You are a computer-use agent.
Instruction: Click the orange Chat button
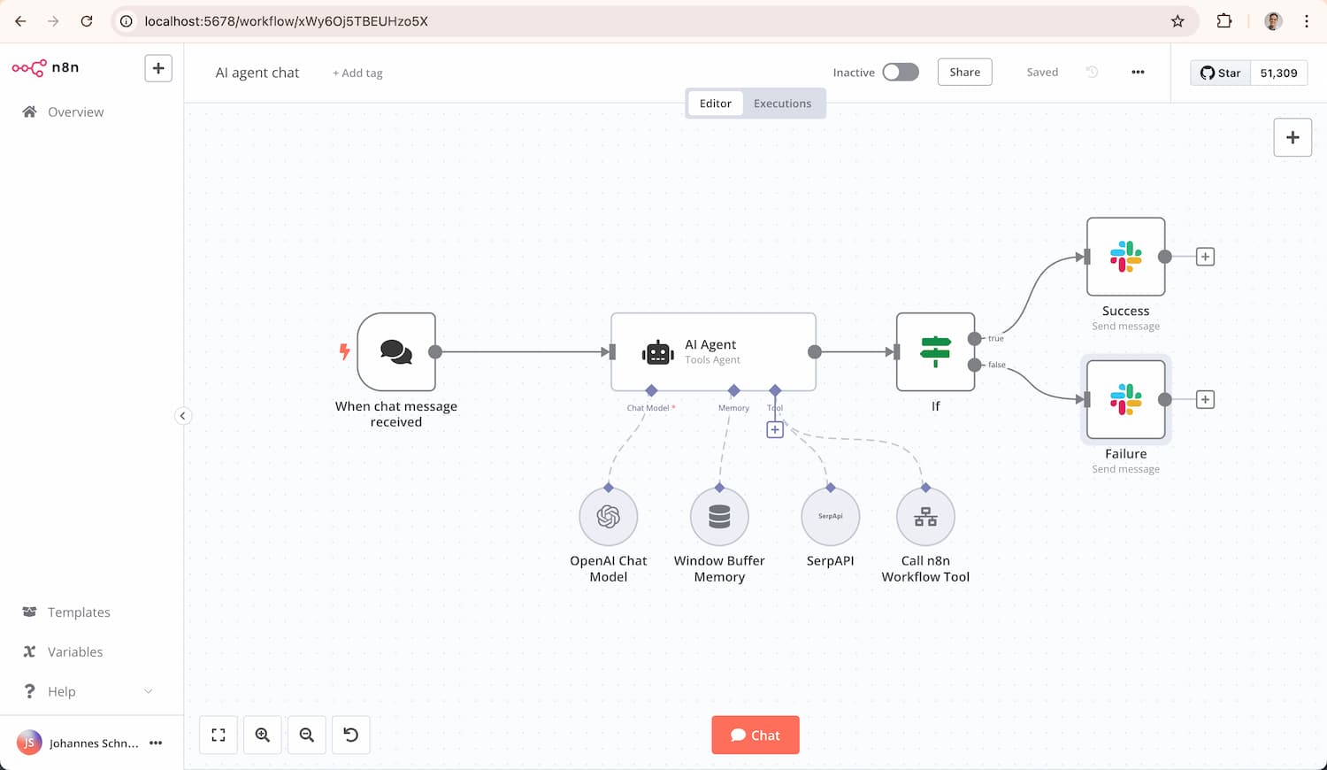point(755,735)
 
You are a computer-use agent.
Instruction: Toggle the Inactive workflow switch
point(901,73)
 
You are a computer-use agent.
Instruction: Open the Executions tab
point(782,104)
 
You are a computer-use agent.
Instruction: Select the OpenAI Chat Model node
point(609,517)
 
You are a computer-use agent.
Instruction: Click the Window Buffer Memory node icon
point(719,517)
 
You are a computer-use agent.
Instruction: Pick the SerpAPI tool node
point(830,517)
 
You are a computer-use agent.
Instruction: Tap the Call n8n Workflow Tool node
point(925,517)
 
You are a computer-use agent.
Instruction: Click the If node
point(935,352)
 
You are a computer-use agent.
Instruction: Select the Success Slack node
point(1125,257)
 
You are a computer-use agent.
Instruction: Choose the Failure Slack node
point(1125,399)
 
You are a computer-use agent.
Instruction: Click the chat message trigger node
point(396,352)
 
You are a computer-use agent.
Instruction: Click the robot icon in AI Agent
point(657,352)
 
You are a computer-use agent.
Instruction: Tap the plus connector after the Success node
point(1205,257)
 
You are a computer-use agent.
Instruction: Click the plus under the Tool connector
point(775,430)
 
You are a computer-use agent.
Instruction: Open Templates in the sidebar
point(79,612)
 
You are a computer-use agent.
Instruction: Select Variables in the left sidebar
point(75,652)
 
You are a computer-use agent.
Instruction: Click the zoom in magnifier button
point(263,735)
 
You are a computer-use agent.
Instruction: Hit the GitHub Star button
point(1221,73)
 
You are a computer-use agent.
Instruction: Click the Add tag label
point(357,73)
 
